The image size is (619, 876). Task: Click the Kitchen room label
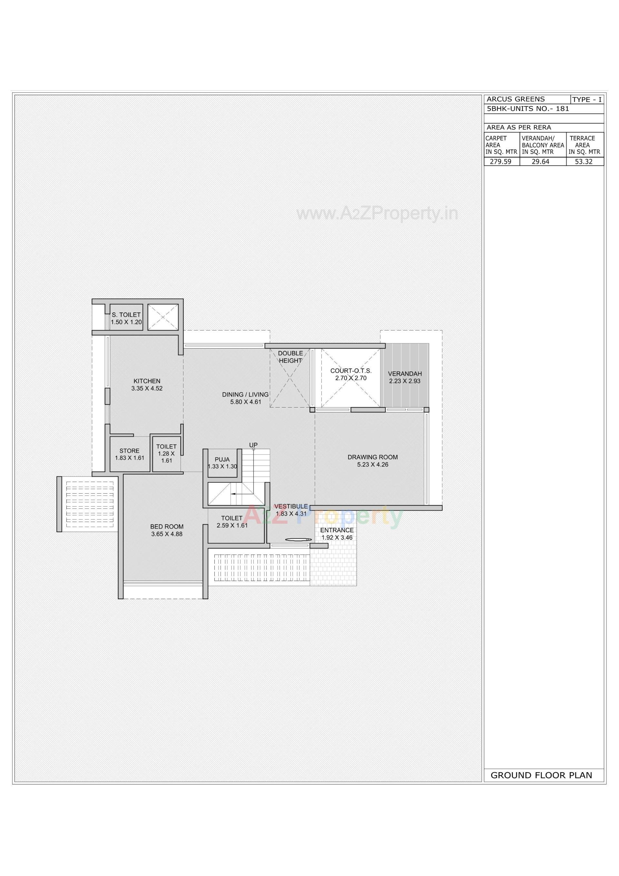pos(147,381)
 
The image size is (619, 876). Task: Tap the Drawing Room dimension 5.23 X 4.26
pos(372,464)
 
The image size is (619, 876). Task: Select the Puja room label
pos(222,459)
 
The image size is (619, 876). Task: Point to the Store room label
pos(129,451)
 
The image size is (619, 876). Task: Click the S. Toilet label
pos(126,315)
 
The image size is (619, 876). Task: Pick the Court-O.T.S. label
pos(351,370)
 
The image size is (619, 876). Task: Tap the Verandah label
pos(405,374)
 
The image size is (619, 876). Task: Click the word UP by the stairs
pos(253,445)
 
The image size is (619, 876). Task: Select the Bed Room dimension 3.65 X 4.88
pos(167,534)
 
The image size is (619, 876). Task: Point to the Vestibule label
pos(291,506)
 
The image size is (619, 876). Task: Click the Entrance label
pos(337,530)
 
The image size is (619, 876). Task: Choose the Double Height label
pos(290,357)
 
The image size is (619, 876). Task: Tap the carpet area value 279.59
pos(501,162)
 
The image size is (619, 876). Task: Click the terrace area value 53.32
pos(584,162)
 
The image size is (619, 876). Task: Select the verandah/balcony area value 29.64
pos(541,162)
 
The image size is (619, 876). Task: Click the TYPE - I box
pos(587,100)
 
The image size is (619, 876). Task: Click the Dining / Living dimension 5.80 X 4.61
pos(245,402)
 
